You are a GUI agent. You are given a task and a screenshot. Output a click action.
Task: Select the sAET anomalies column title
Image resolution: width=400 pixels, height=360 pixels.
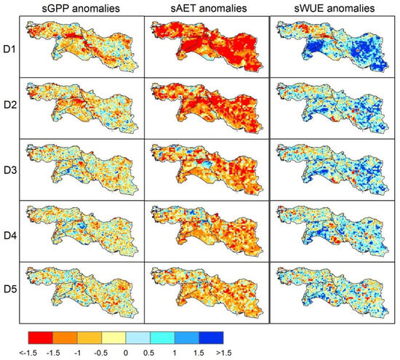point(207,8)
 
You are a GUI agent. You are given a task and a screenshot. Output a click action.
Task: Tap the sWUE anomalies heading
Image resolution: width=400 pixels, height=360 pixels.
point(331,8)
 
